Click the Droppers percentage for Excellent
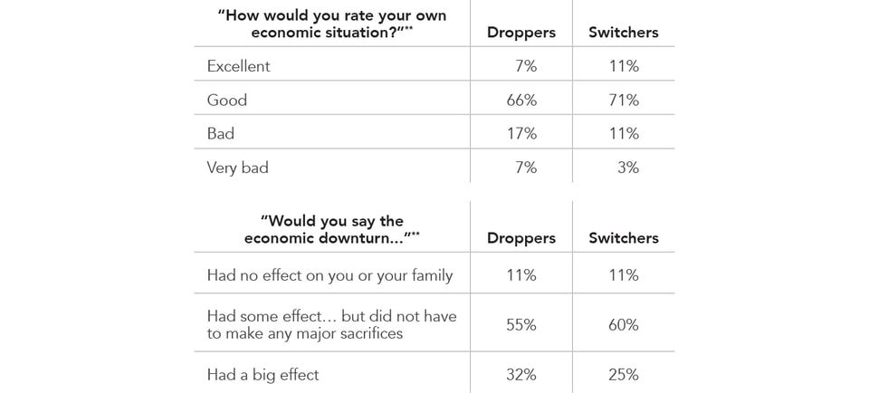click(525, 66)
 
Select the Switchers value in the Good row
click(624, 100)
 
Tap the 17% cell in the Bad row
click(521, 133)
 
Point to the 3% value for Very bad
click(627, 168)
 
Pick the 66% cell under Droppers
click(521, 100)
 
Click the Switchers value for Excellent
click(624, 66)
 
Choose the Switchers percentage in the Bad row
click(624, 133)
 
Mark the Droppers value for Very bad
click(525, 168)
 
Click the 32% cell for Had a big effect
click(521, 374)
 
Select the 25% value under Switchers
click(624, 374)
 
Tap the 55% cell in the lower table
click(521, 324)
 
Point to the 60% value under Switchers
click(624, 324)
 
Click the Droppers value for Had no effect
click(521, 274)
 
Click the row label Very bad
click(237, 168)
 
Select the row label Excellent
click(238, 66)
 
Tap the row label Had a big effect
click(263, 374)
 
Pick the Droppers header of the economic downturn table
click(521, 238)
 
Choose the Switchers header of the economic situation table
click(624, 33)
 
